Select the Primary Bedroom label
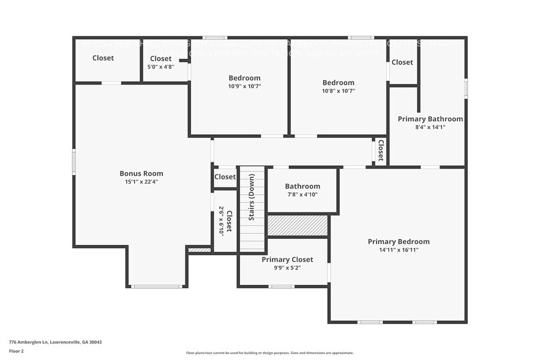pos(399,241)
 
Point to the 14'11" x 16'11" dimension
pos(399,250)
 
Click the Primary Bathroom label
pos(430,119)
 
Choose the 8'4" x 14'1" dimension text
pos(430,127)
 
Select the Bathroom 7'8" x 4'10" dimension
pos(302,195)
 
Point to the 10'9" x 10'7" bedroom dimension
pos(244,86)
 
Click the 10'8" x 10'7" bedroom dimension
pos(339,91)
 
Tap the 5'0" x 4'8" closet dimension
pos(161,67)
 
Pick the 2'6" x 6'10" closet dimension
pos(221,221)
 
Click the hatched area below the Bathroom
pos(298,225)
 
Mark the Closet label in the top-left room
pos(103,58)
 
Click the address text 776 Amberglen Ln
pos(56,342)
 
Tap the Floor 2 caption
pos(17,351)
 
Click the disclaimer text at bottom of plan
pos(269,353)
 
